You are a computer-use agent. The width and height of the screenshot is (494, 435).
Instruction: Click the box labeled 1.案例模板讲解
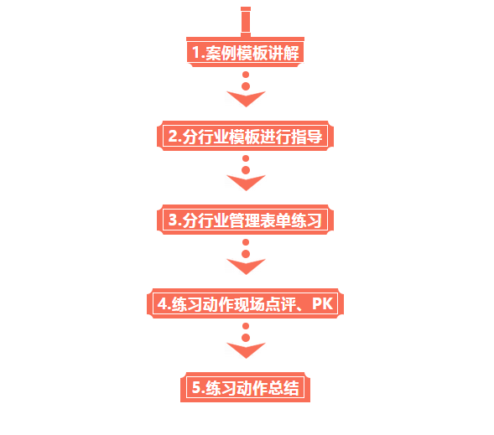click(x=246, y=52)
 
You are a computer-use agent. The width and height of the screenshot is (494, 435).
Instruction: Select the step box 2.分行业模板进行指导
click(x=246, y=136)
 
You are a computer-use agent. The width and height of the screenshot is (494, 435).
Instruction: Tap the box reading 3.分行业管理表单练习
click(x=246, y=220)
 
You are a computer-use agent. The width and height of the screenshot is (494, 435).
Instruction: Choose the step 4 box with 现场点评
click(x=246, y=303)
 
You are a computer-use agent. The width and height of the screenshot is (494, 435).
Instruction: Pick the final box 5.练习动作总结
click(x=246, y=387)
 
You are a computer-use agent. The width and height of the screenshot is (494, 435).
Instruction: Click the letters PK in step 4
click(x=322, y=303)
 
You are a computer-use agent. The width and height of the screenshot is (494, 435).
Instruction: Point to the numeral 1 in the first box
click(x=196, y=52)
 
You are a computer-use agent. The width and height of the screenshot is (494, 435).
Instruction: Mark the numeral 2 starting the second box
click(x=174, y=136)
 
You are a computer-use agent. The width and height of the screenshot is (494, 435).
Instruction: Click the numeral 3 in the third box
click(x=174, y=220)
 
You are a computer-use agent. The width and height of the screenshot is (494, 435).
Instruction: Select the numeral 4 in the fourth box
click(x=163, y=303)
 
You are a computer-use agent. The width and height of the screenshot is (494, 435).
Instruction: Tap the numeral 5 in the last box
click(x=196, y=387)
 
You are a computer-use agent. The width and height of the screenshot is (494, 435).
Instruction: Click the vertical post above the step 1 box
click(x=246, y=22)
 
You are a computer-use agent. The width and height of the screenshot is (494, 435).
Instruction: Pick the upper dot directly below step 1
click(x=246, y=75)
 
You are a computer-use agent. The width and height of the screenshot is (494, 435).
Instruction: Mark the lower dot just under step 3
click(x=246, y=254)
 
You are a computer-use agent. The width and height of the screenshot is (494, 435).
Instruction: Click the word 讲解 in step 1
click(x=283, y=53)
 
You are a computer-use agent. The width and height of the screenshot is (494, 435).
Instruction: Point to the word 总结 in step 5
click(x=283, y=388)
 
